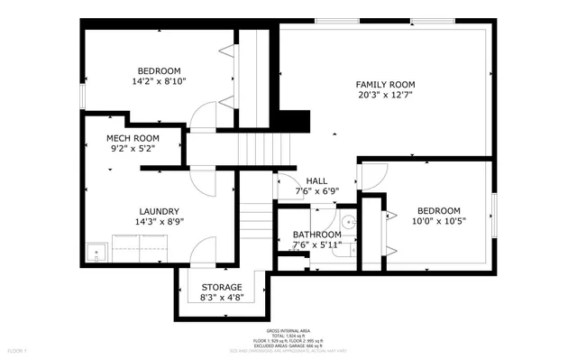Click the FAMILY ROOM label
(x=385, y=84)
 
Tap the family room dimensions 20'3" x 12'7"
(x=385, y=96)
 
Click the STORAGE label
(x=221, y=286)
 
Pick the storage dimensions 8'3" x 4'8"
(x=221, y=297)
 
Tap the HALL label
(x=316, y=180)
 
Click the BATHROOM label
(x=316, y=235)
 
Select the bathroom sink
(x=349, y=221)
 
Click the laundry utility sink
(x=96, y=254)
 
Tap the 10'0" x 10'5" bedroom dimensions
(x=437, y=221)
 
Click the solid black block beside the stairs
(x=291, y=121)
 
